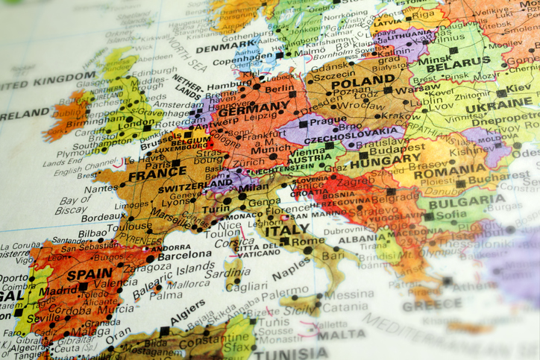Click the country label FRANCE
(157, 177)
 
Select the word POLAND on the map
(362, 83)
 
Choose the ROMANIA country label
(449, 171)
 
